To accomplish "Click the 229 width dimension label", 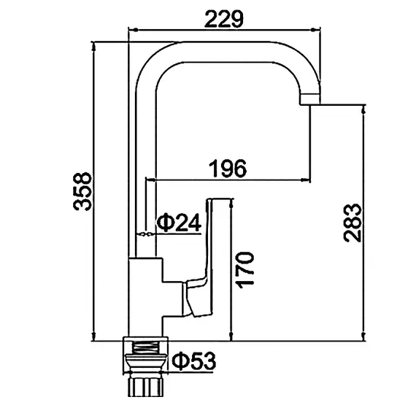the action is (223, 19).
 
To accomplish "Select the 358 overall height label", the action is (82, 191).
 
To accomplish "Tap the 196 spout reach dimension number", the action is (228, 169).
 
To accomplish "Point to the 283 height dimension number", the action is (353, 223).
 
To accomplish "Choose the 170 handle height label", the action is (246, 270).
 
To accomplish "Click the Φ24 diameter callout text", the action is (179, 223).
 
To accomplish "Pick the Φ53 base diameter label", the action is (194, 361).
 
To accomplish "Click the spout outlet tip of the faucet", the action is (310, 99).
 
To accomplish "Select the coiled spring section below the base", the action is (145, 347).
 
